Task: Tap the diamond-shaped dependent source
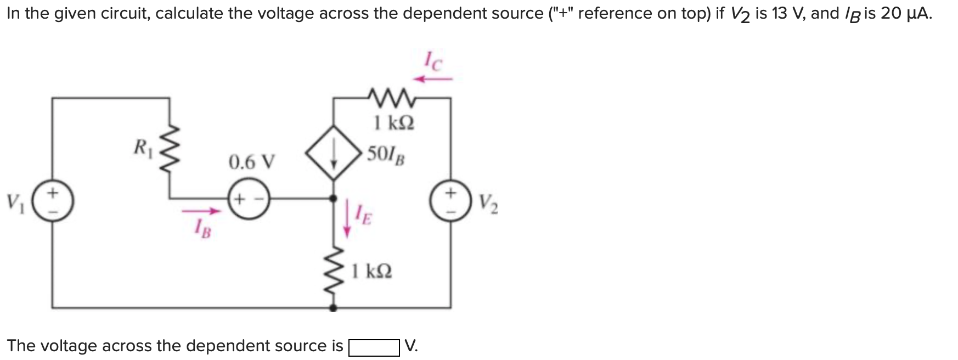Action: tap(334, 152)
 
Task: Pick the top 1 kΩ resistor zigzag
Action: tap(393, 98)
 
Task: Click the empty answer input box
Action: tap(374, 347)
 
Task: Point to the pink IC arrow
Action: tap(433, 80)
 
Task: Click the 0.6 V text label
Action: tap(252, 162)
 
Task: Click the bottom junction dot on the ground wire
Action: tap(334, 308)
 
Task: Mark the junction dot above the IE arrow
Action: tap(334, 198)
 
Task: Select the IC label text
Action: tap(432, 61)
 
